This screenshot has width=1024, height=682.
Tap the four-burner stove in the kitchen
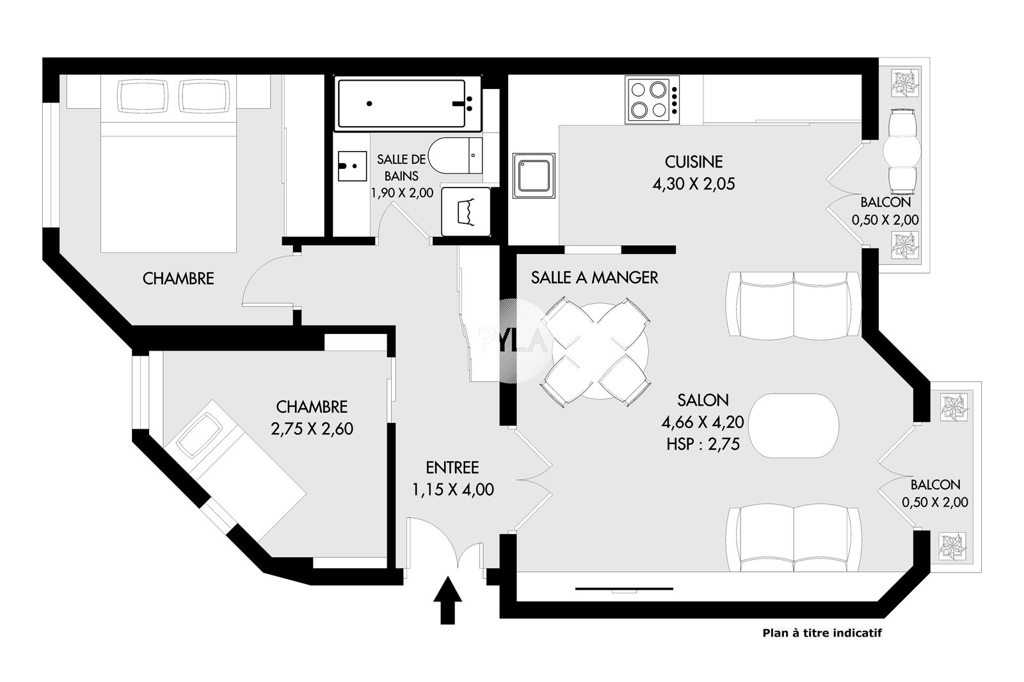[652, 100]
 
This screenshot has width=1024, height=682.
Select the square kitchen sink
[534, 175]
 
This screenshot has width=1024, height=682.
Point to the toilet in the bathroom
[455, 155]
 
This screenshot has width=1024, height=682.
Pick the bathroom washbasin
[352, 166]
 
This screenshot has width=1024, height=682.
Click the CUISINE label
[694, 162]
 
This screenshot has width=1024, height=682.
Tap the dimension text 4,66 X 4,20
[703, 422]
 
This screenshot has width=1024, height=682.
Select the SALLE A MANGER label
[595, 278]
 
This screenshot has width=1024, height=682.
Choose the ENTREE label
[452, 468]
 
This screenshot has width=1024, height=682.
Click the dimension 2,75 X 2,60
[312, 429]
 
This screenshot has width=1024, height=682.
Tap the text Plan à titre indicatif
[822, 633]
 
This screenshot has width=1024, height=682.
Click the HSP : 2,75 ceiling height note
[703, 444]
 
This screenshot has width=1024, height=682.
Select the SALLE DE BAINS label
[401, 167]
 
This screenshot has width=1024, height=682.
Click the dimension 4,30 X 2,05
[694, 184]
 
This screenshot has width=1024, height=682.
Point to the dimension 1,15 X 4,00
[452, 489]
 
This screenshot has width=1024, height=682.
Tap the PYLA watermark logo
[513, 340]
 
